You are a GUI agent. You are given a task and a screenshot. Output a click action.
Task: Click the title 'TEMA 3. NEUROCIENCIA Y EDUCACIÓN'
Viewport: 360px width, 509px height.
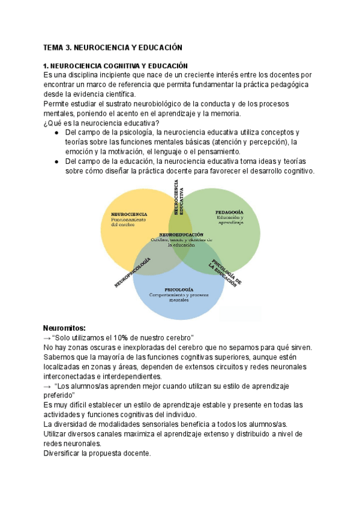click(x=112, y=47)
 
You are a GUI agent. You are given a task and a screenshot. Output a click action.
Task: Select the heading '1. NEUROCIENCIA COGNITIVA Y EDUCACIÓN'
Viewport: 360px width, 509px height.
click(x=116, y=65)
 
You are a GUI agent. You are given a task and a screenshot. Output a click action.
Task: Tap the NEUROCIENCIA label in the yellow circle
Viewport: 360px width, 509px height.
click(x=130, y=213)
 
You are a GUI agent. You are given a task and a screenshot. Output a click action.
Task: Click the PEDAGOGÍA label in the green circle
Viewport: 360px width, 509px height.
click(x=229, y=212)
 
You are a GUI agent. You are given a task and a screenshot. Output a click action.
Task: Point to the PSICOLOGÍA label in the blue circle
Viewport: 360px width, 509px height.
click(x=179, y=290)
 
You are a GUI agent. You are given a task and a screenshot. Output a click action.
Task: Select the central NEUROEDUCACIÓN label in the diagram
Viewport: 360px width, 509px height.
click(x=181, y=235)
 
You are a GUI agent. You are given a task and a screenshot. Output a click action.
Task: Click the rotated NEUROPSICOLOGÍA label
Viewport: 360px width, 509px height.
click(x=133, y=272)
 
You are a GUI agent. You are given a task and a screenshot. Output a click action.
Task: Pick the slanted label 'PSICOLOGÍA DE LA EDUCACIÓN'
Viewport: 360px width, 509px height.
click(x=226, y=274)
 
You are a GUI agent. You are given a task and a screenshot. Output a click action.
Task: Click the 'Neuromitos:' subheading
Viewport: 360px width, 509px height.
click(x=65, y=328)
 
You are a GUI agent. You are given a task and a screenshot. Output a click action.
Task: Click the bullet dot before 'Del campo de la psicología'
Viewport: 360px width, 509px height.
click(x=56, y=132)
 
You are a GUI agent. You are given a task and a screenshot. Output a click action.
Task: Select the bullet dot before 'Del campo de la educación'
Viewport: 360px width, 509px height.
click(x=56, y=161)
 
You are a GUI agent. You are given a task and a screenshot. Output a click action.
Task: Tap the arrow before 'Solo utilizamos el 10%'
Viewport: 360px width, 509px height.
click(x=48, y=338)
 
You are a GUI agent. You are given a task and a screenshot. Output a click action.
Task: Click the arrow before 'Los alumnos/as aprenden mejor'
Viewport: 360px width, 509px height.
click(x=48, y=386)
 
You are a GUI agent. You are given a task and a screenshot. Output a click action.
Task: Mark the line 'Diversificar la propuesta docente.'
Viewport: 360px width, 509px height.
click(x=97, y=453)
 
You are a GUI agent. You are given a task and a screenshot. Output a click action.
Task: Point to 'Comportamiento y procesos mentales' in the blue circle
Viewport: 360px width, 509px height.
click(x=179, y=298)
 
